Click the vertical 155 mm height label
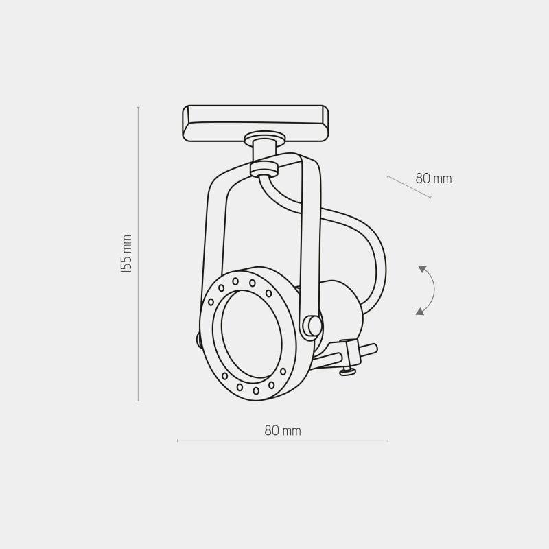(x=126, y=254)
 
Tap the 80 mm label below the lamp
(x=283, y=431)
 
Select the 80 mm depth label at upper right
(x=434, y=179)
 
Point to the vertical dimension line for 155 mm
(x=139, y=309)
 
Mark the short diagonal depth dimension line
(x=409, y=187)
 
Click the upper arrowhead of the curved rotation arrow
(x=422, y=269)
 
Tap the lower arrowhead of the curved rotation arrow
(x=419, y=312)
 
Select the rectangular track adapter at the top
(x=255, y=123)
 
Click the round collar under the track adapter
(x=264, y=137)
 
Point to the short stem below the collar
(x=264, y=152)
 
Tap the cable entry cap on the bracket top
(x=264, y=168)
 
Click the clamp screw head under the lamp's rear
(x=348, y=372)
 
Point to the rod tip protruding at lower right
(x=371, y=349)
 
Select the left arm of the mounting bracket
(x=213, y=226)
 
